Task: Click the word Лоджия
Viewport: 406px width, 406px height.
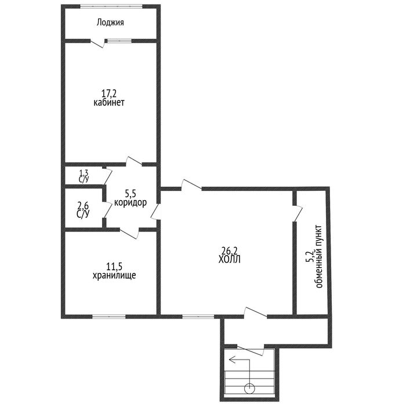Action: point(110,23)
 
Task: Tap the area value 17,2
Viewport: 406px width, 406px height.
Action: point(109,93)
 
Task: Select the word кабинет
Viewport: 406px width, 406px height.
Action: point(109,103)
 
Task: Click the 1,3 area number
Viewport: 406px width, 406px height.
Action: point(84,172)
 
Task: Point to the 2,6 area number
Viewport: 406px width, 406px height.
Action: point(83,206)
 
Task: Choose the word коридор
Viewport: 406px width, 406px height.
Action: point(130,203)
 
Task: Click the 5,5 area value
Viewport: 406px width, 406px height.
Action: point(130,193)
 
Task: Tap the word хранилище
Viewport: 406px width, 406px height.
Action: point(114,275)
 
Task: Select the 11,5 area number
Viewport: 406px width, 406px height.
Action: point(114,266)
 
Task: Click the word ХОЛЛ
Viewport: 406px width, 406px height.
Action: point(230,259)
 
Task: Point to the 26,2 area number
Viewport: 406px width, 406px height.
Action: point(230,251)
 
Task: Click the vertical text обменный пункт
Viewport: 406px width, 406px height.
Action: point(319,256)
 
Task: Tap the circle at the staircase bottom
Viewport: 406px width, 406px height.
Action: point(249,389)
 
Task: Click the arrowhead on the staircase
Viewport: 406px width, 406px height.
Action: point(232,360)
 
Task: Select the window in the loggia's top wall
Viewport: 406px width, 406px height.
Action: point(111,6)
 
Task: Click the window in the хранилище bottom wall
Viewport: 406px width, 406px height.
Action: point(109,317)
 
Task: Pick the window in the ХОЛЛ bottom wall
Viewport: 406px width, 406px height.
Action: point(198,317)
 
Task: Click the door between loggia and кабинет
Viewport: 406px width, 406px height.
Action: point(97,43)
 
